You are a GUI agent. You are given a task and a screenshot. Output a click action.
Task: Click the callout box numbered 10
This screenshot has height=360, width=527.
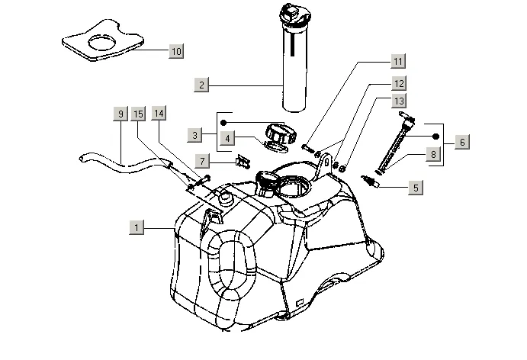(x=176, y=51)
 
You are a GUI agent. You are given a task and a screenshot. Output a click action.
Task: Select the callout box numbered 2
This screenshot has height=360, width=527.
(x=201, y=85)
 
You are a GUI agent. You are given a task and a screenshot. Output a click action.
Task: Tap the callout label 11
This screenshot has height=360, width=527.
(x=398, y=61)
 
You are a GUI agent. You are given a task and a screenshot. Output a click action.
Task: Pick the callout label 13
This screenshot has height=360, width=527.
(x=399, y=101)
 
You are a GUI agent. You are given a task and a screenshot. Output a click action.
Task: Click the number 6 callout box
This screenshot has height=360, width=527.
(x=462, y=142)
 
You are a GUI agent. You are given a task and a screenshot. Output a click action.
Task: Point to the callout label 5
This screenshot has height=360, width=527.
(x=416, y=188)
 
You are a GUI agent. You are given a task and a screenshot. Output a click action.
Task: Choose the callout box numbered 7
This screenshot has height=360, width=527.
(x=202, y=161)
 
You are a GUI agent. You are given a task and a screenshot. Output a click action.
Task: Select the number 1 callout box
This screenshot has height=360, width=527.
(x=137, y=227)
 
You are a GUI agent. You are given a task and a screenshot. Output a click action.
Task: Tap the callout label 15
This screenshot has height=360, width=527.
(x=138, y=114)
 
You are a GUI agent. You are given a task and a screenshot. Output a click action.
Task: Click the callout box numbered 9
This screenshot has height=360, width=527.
(x=121, y=114)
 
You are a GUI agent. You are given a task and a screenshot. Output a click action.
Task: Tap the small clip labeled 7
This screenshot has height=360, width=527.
(x=243, y=162)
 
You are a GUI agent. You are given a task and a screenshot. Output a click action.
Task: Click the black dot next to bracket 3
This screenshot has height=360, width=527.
(x=223, y=123)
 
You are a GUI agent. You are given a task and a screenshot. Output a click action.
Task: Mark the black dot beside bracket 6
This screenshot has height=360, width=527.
(x=435, y=137)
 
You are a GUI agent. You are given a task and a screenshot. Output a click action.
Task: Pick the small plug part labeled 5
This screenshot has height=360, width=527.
(x=370, y=181)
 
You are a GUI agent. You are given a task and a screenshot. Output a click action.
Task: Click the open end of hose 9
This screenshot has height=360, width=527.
(x=82, y=158)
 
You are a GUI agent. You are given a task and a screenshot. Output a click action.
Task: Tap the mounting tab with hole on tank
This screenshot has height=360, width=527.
(x=325, y=165)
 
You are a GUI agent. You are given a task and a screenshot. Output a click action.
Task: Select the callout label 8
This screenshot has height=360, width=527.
(x=433, y=154)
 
